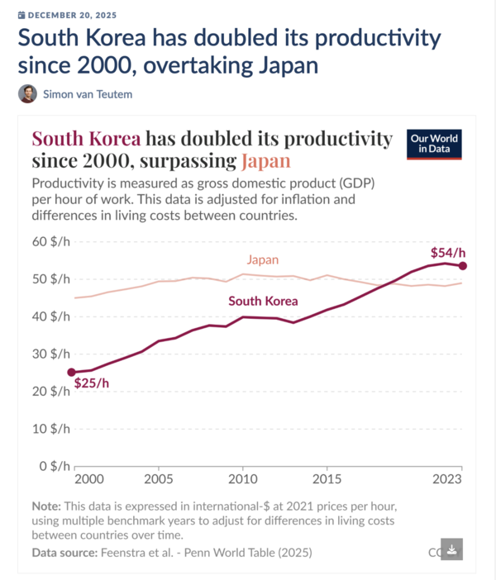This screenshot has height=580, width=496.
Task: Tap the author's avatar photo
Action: [x=27, y=93]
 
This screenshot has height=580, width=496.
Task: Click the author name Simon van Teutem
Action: [x=88, y=94]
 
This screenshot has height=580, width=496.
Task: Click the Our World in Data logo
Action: [x=434, y=144]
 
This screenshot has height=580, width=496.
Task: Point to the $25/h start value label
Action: [x=91, y=383]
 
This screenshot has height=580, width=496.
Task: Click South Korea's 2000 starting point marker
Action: [x=72, y=373]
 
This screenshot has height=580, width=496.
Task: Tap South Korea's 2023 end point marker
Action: [x=463, y=265]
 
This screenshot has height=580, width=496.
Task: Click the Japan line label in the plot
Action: [x=263, y=259]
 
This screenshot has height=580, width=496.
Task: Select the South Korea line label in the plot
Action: [x=263, y=301]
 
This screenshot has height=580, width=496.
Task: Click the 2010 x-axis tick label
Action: [x=242, y=478]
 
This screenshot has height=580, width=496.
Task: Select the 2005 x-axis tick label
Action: [x=158, y=478]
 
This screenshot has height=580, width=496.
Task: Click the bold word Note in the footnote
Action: [x=45, y=505]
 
